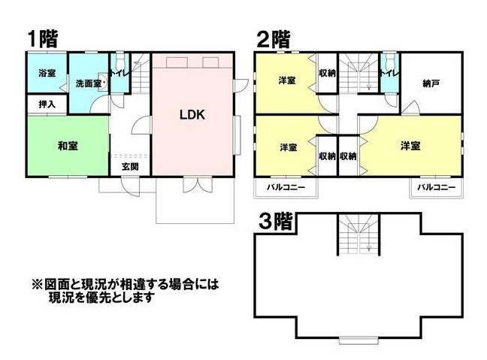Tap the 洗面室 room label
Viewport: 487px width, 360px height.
click(88, 83)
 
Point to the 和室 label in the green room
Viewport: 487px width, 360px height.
click(68, 145)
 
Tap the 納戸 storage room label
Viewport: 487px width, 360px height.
click(431, 83)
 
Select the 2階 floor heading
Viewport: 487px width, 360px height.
click(274, 38)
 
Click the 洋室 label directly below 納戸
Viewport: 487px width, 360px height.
click(410, 145)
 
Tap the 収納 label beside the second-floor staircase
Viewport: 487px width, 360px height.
click(326, 73)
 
